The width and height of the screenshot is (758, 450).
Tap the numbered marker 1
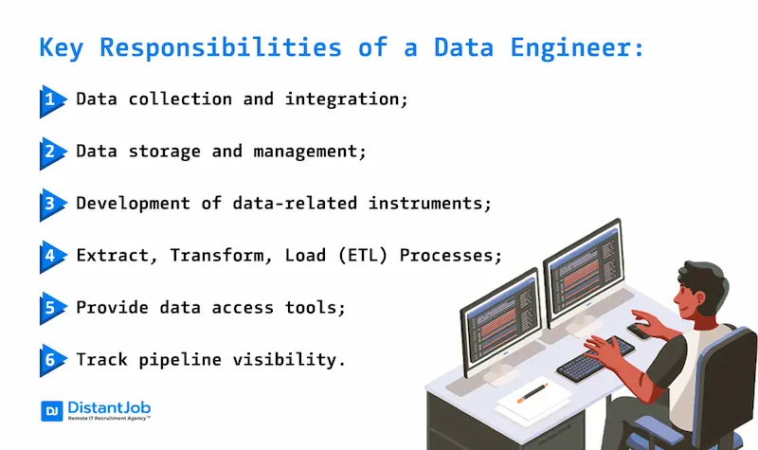pos(49,99)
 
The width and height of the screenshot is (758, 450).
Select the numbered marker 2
pos(49,152)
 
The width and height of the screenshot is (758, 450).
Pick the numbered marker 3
pos(49,204)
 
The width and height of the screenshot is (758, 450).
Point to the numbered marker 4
pos(49,256)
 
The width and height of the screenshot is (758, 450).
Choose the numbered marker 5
pos(49,308)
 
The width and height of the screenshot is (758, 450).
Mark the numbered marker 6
pos(49,360)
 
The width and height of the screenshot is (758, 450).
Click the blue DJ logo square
pos(51,411)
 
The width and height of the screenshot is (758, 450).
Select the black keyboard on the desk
pos(594,358)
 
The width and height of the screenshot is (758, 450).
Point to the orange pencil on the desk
pos(533,390)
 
